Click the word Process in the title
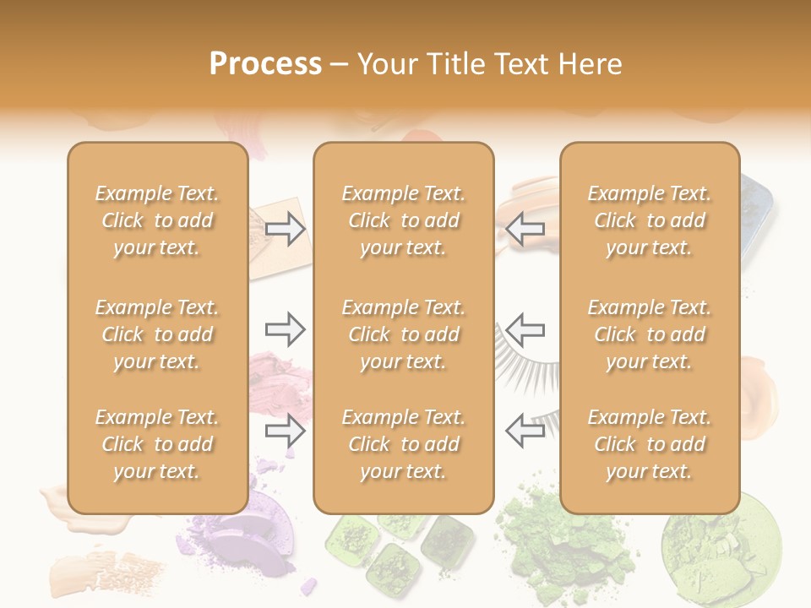coord(265,64)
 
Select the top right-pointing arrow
coord(285,229)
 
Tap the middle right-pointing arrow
coord(285,329)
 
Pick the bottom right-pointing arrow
coord(285,432)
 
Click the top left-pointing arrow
coord(525,229)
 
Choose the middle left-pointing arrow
coord(525,329)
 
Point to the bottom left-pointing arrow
coord(525,432)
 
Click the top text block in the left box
coord(157,220)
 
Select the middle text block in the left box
coord(157,334)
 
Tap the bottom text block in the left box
coord(157,444)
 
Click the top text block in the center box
coord(404,220)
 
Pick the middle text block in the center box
coord(404,334)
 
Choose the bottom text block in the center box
coord(404,444)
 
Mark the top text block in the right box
coord(650,220)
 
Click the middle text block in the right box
coord(650,334)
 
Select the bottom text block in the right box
coord(650,444)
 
